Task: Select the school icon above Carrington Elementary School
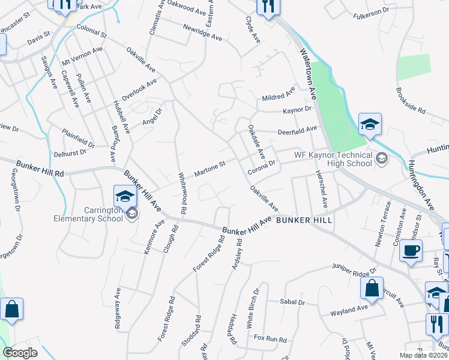[x=125, y=196]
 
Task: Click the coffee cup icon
[x=411, y=251]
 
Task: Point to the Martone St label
[x=209, y=169]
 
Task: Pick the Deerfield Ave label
[x=297, y=130]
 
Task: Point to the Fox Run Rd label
[x=270, y=340]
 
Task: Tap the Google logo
[x=20, y=353]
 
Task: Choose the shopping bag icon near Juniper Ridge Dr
[x=372, y=287]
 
